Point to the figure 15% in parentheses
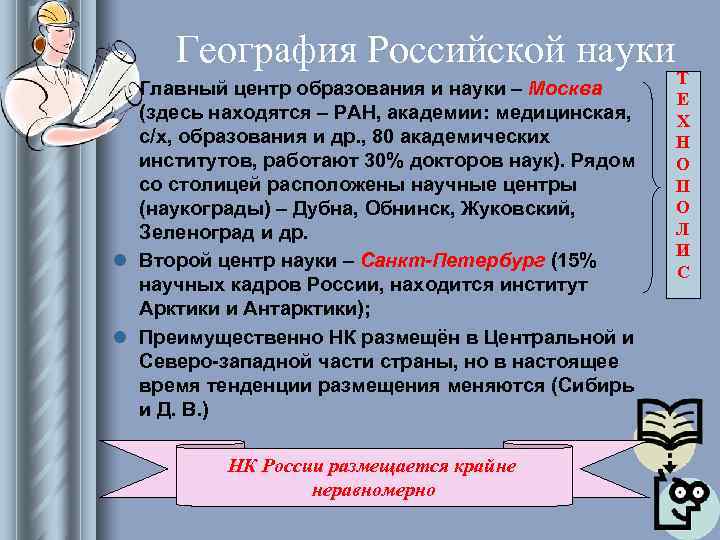pos(575,261)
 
